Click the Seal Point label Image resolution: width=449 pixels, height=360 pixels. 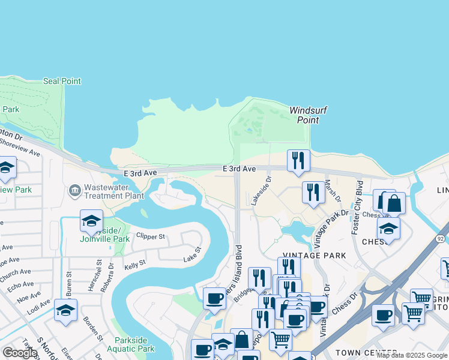pos(62,81)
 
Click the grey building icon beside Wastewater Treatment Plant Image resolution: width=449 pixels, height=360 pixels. pos(75,191)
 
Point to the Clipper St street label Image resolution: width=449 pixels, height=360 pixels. pos(150,236)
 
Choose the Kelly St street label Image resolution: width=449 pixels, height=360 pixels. pos(134,263)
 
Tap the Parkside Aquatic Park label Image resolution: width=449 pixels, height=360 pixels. pos(131,344)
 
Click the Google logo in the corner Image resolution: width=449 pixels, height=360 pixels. pos(20,353)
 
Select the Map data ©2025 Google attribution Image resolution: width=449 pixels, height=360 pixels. pos(412,355)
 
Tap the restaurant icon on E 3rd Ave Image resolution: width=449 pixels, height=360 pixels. pos(298,160)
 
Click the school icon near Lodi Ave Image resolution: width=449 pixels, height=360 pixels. pos(65,310)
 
